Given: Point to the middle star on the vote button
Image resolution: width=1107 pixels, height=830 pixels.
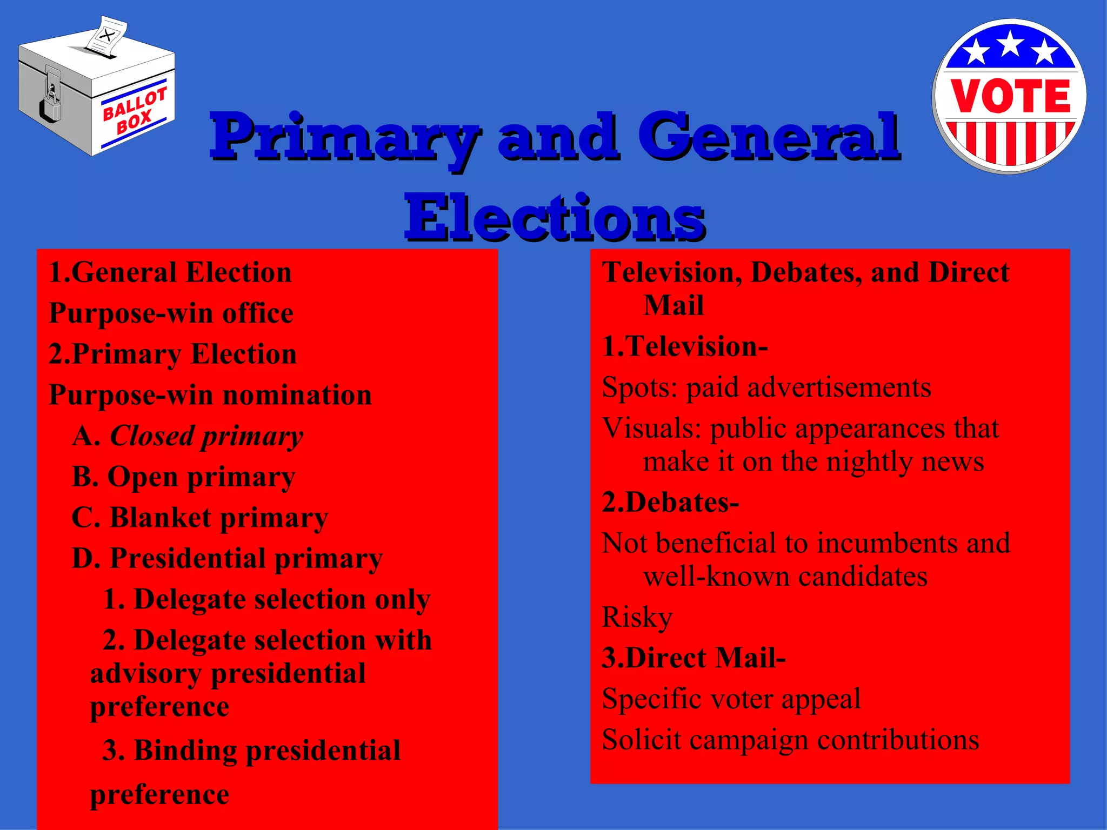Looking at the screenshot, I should [x=1010, y=44].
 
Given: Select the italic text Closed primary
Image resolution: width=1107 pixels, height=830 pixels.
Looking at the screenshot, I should [x=206, y=436].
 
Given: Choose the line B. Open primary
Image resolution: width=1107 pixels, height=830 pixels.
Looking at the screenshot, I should [x=184, y=477].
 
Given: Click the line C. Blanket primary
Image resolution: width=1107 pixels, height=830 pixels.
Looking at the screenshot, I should [x=200, y=518].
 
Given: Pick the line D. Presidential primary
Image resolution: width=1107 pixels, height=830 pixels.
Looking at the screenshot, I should [x=227, y=559].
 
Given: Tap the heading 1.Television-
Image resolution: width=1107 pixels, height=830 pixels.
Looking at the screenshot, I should [x=685, y=346].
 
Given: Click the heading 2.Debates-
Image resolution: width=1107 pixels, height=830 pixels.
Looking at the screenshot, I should [x=670, y=503].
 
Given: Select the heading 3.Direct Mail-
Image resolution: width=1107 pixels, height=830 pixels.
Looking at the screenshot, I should [x=693, y=658].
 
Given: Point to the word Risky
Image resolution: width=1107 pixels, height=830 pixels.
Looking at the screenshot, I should [x=637, y=618].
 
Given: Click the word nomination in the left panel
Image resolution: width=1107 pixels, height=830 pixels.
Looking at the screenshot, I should [x=297, y=395].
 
